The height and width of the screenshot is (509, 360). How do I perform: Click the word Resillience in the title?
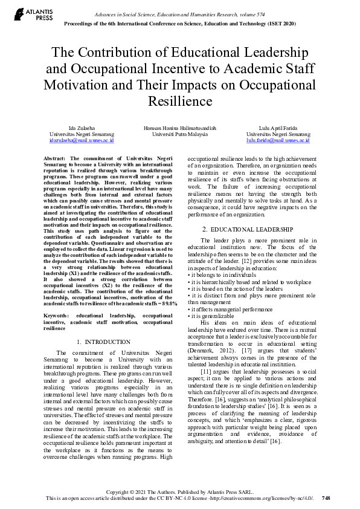(180, 100)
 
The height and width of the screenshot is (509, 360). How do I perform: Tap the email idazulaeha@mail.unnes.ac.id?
(82, 140)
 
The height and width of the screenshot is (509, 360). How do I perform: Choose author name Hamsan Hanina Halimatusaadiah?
(180, 128)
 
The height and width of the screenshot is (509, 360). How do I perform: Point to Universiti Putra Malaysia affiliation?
(180, 134)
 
